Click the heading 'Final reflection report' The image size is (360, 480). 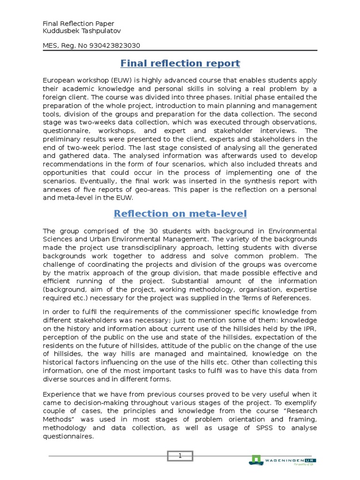[180, 63]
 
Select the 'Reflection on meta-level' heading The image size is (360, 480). [180, 214]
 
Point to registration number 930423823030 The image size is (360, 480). [111, 45]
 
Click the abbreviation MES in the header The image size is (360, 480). [50, 45]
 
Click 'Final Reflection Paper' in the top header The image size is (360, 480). [78, 23]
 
